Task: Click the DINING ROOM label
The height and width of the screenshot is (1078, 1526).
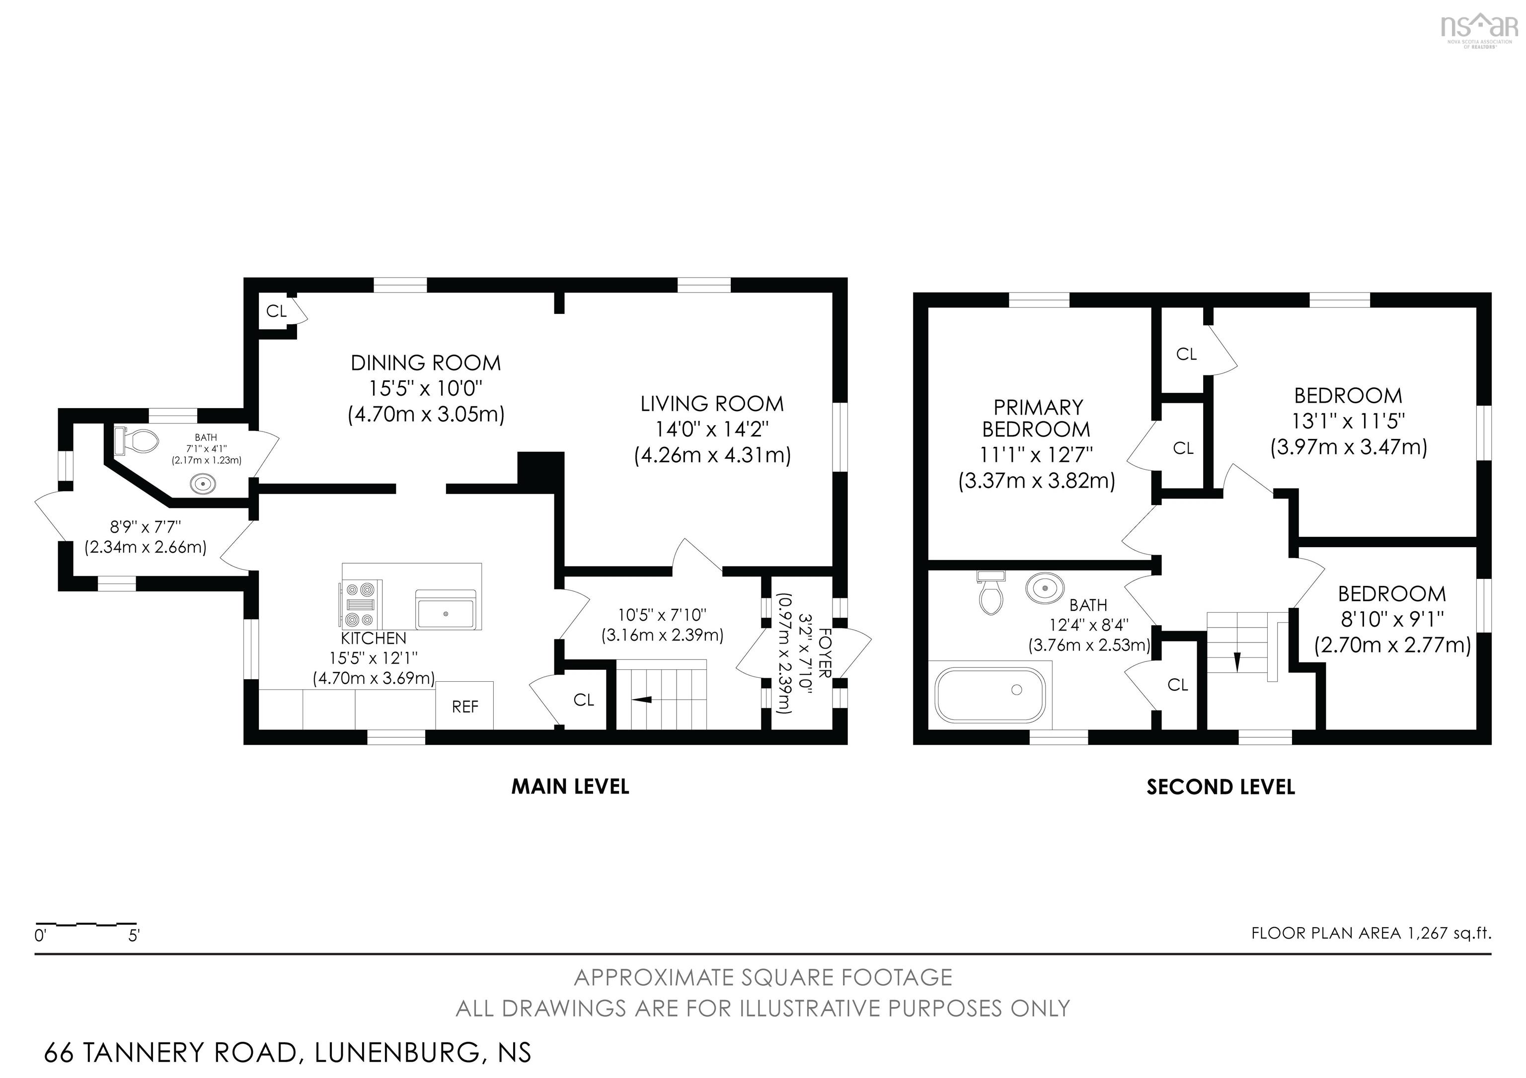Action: (x=425, y=363)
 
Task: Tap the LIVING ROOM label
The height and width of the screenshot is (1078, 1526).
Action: (x=712, y=404)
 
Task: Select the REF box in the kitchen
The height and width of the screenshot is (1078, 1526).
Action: (x=464, y=707)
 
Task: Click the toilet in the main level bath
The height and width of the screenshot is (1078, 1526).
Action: (x=137, y=440)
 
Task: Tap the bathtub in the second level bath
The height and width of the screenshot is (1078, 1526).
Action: (x=990, y=695)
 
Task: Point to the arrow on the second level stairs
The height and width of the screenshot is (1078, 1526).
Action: (x=1237, y=661)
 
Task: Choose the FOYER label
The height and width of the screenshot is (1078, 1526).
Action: (x=825, y=653)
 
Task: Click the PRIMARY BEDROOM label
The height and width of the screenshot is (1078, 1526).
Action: (x=1036, y=418)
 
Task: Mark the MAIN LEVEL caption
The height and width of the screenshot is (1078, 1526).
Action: (x=570, y=787)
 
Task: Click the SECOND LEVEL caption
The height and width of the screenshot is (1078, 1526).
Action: (x=1221, y=787)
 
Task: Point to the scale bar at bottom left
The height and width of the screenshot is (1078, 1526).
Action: (x=86, y=924)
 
